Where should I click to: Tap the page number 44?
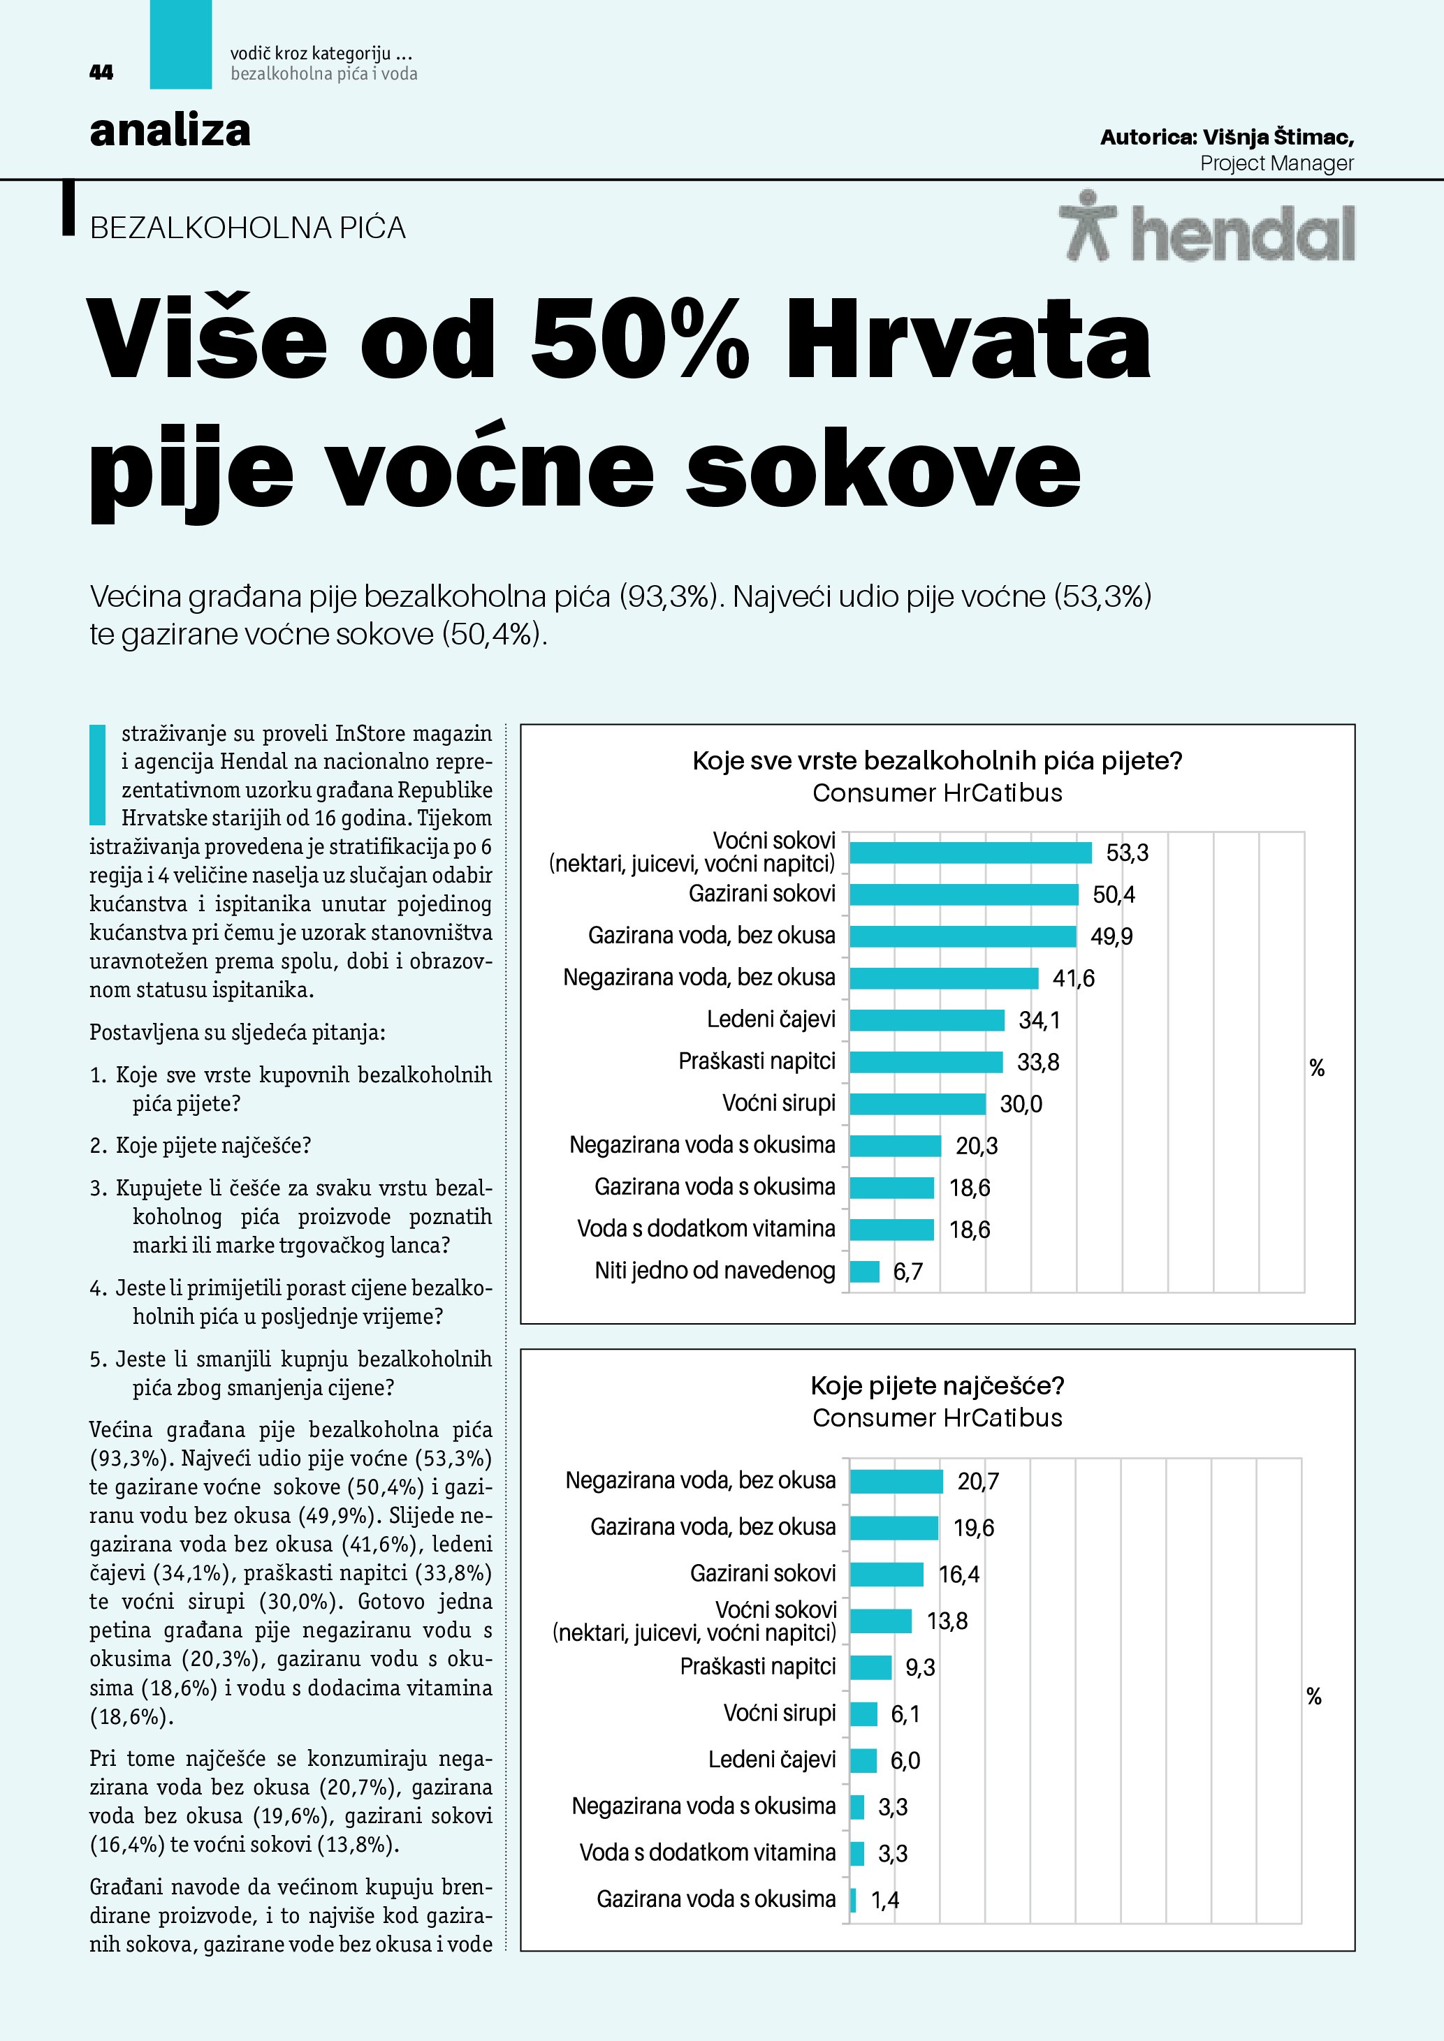[x=101, y=73]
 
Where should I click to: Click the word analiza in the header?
[x=170, y=131]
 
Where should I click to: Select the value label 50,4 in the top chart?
[x=1114, y=894]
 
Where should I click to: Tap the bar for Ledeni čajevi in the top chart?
[x=926, y=1019]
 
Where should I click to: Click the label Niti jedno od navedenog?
[x=715, y=1270]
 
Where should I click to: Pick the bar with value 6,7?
[x=863, y=1272]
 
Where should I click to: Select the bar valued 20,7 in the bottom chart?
[x=896, y=1481]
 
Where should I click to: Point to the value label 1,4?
[x=884, y=1900]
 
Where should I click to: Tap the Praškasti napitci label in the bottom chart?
[x=757, y=1667]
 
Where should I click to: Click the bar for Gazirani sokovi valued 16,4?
[x=886, y=1575]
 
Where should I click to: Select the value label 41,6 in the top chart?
[x=1073, y=978]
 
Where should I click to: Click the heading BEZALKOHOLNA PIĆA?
[x=247, y=228]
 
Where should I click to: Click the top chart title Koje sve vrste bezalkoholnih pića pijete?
[x=938, y=761]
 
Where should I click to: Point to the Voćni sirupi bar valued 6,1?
[x=863, y=1714]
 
